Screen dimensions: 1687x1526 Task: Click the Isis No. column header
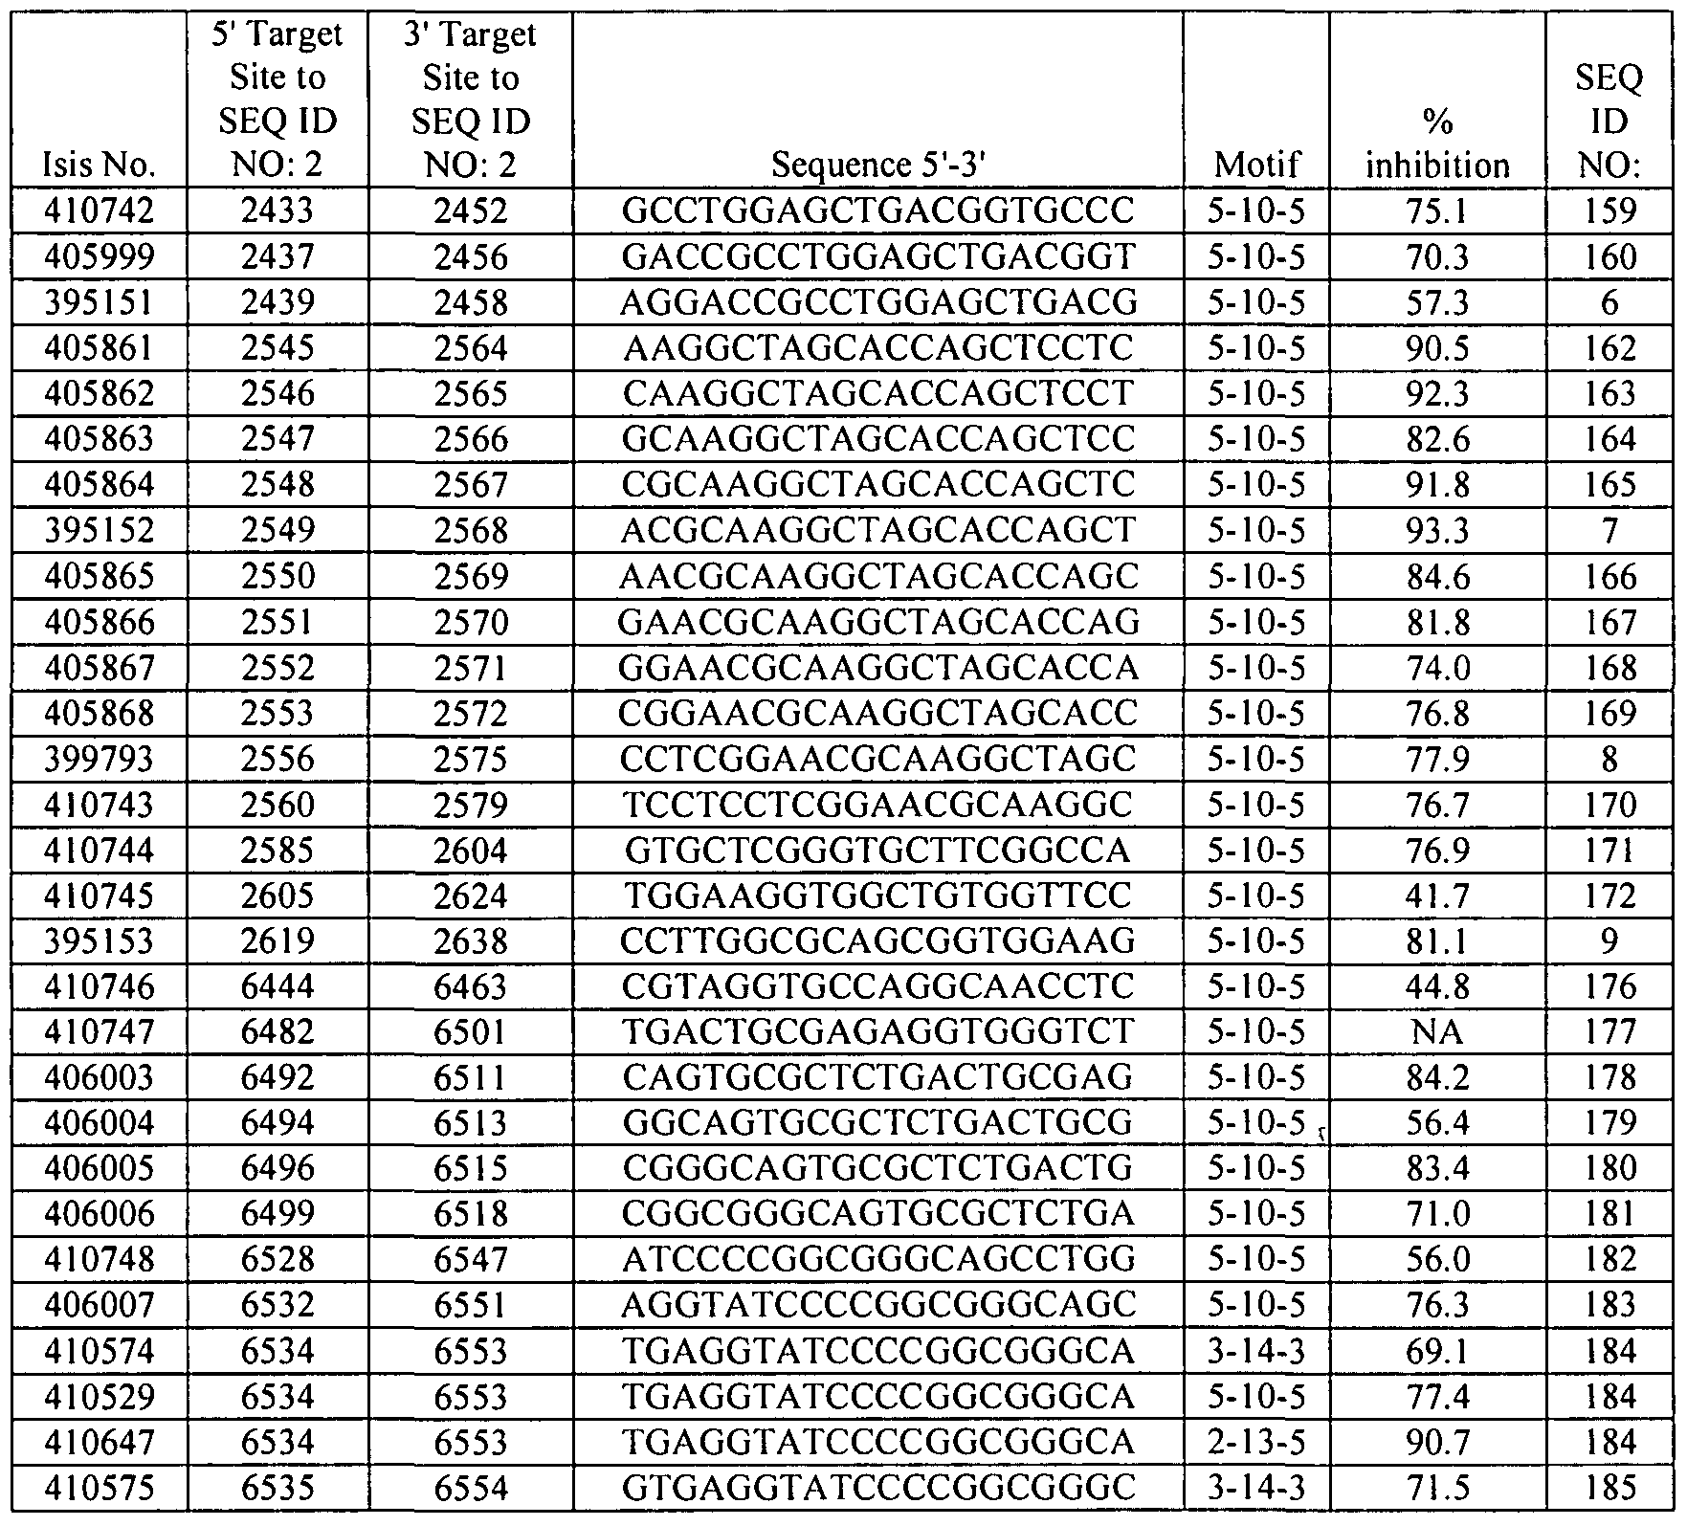tap(100, 166)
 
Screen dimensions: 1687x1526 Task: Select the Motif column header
tap(1256, 166)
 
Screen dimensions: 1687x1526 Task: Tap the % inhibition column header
tap(1437, 144)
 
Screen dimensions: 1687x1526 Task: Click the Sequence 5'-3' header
tap(877, 166)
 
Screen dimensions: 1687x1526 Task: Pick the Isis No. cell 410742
tap(100, 211)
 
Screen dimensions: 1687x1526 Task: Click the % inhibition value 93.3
tap(1437, 531)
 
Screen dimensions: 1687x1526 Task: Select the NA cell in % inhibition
tap(1437, 1032)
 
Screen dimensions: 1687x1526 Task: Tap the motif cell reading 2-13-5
tap(1256, 1443)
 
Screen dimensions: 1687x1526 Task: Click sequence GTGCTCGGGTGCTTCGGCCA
tap(877, 851)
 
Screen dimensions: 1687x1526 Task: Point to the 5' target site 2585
tap(277, 851)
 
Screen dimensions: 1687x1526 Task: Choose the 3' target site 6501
tap(471, 1032)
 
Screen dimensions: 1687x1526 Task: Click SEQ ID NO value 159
tap(1609, 211)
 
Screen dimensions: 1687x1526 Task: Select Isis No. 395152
tap(100, 531)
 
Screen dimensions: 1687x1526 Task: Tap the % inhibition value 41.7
tap(1437, 896)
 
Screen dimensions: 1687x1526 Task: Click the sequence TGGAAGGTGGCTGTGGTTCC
tap(877, 896)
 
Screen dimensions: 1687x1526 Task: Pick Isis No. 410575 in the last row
tap(100, 1489)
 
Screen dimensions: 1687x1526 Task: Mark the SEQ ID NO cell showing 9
tap(1609, 941)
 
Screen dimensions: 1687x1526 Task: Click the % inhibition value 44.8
tap(1437, 987)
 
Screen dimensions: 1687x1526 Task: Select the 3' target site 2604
tap(471, 851)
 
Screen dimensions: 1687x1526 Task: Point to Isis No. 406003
tap(100, 1078)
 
